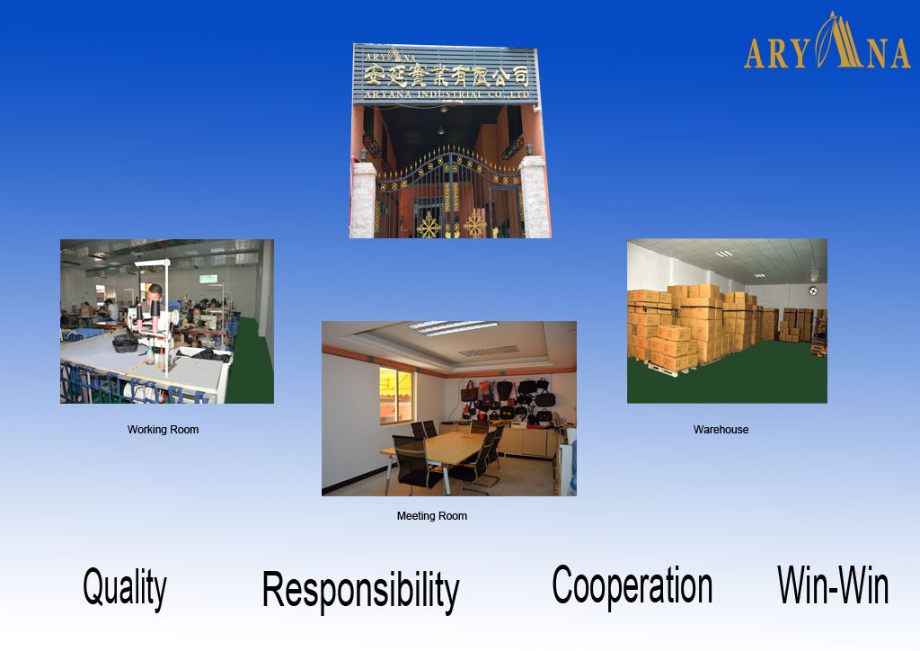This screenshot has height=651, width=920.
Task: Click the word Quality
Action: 125,588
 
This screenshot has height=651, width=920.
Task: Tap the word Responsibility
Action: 360,591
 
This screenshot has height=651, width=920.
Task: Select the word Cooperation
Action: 632,585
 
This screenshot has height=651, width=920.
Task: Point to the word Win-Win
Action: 833,585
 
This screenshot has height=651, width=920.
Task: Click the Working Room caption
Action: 163,430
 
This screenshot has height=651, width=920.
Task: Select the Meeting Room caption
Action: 431,516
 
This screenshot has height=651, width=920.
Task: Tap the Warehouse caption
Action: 721,430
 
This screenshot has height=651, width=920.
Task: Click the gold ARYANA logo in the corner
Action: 827,45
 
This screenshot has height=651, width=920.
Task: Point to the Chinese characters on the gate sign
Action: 449,69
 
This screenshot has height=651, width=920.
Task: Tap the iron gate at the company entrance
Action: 449,198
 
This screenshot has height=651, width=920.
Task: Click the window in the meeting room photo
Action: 398,396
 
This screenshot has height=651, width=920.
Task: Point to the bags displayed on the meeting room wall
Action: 508,400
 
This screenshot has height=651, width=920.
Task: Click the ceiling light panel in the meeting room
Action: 453,327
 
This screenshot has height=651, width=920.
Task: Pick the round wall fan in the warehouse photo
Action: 812,291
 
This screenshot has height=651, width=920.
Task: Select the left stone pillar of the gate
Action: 363,200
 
